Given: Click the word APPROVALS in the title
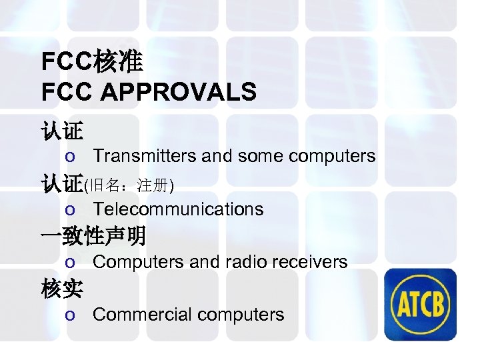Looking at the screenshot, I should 178,92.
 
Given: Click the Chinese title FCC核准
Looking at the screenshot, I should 92,62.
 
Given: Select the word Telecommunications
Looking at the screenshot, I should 178,209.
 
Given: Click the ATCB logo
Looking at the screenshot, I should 423,304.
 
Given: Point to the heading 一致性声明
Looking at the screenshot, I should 93,236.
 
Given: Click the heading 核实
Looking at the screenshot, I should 61,289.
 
